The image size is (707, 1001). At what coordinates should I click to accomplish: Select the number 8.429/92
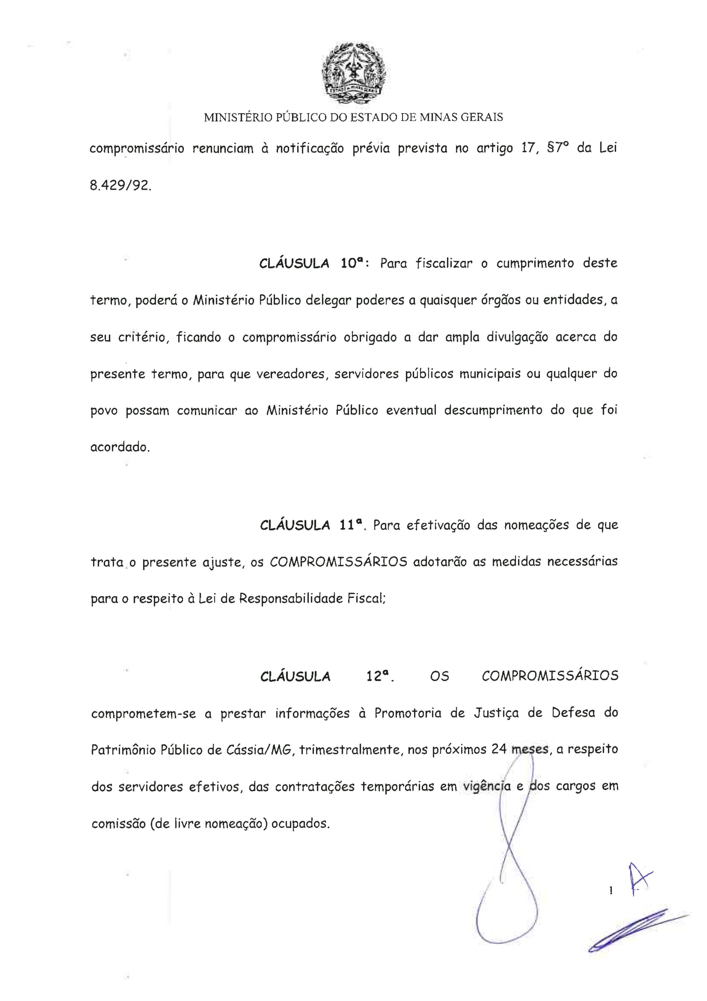(121, 187)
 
